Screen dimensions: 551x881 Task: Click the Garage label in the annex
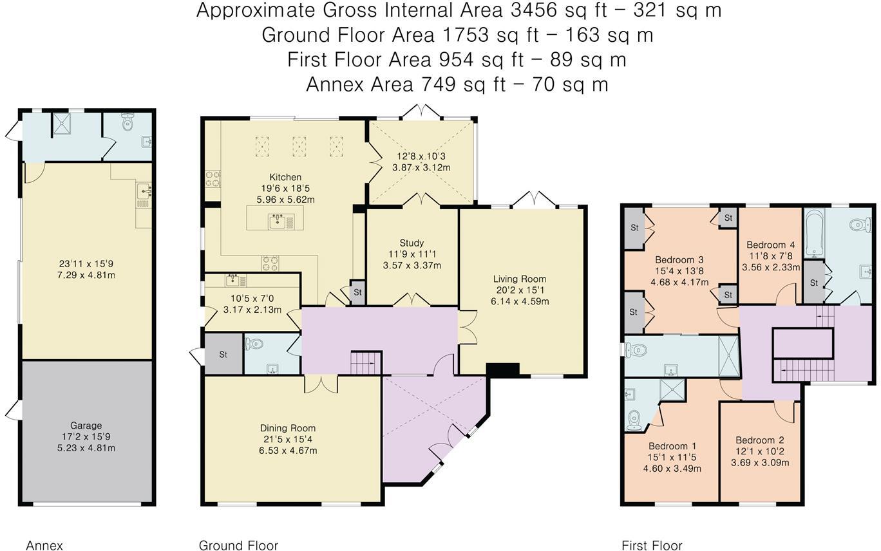86,425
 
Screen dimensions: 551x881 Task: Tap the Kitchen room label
285,177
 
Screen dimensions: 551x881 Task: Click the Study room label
412,243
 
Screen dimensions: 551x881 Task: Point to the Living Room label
520,279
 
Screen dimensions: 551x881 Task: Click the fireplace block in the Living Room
502,369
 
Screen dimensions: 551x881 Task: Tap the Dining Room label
288,428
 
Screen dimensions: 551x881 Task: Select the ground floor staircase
366,363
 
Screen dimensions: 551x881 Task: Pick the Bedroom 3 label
679,260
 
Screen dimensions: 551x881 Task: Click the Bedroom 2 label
760,440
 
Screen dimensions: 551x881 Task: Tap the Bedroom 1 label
672,446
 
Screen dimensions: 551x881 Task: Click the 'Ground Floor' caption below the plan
238,545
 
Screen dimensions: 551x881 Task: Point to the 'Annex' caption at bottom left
44,545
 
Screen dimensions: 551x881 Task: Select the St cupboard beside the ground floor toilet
223,354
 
